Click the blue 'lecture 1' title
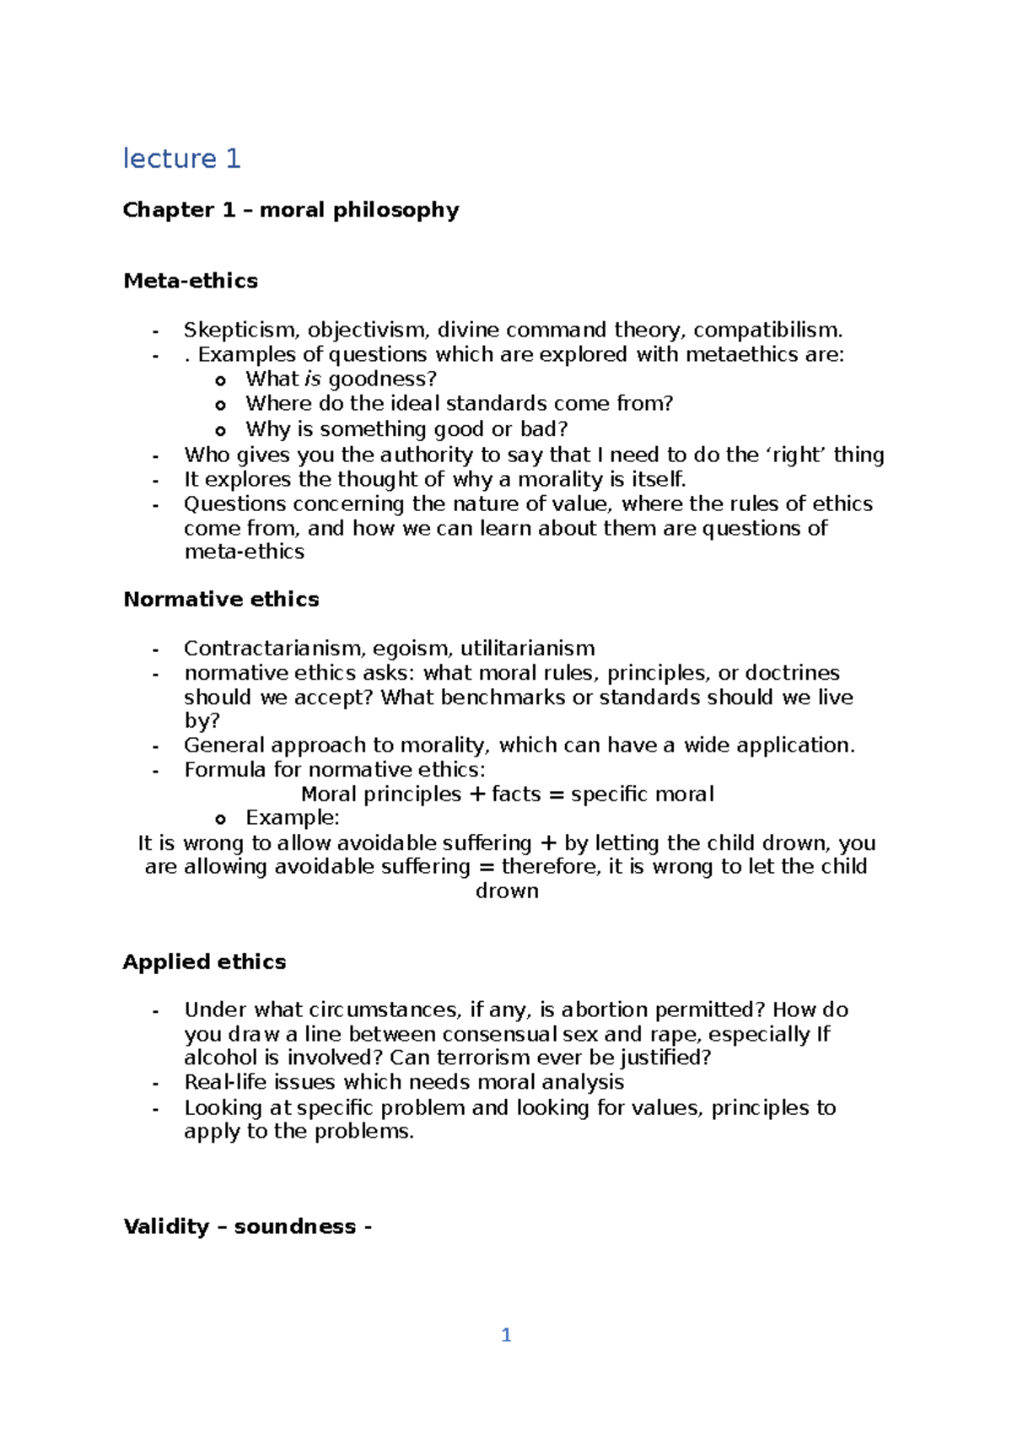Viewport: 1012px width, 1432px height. click(181, 159)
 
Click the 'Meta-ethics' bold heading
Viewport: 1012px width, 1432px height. click(191, 281)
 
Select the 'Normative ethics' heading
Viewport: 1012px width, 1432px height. click(221, 600)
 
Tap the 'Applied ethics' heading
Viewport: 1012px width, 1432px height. click(204, 962)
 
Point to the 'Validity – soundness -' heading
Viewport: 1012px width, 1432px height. click(247, 1227)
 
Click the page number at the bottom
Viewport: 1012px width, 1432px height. click(506, 1335)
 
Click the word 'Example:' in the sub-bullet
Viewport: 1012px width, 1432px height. click(293, 818)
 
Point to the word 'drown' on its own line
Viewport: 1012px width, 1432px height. click(507, 891)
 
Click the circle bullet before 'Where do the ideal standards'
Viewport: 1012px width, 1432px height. click(221, 405)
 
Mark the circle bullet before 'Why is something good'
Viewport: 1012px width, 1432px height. click(221, 430)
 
